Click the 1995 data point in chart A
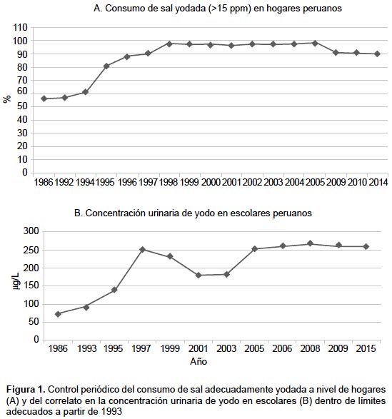(x=106, y=66)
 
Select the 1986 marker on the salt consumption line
(x=44, y=99)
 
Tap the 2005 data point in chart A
(x=315, y=44)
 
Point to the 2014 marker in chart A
(x=377, y=54)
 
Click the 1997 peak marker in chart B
(x=142, y=250)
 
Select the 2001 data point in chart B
(x=198, y=275)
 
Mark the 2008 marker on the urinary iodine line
(x=310, y=243)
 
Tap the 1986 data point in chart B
(x=58, y=314)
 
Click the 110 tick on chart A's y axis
(x=20, y=28)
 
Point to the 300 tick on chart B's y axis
(x=31, y=231)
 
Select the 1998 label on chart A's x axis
(x=169, y=182)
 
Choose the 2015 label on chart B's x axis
(x=366, y=348)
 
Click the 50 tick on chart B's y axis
(x=34, y=322)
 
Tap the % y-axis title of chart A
(x=7, y=99)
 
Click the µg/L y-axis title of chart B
(x=16, y=281)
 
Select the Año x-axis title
(x=198, y=362)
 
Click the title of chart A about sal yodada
(x=218, y=9)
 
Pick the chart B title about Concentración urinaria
(x=193, y=213)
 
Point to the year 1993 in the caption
(x=111, y=410)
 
